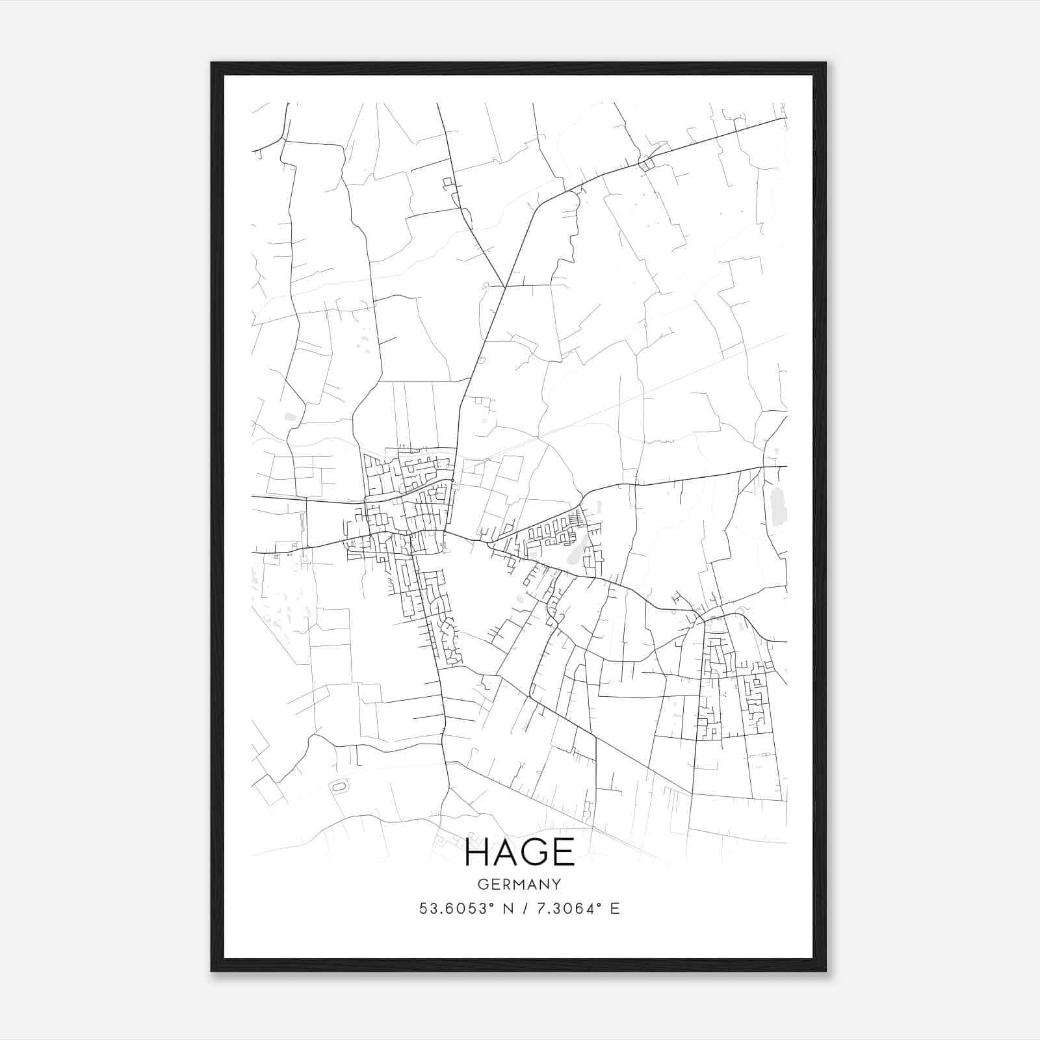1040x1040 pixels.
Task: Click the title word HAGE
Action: click(x=520, y=852)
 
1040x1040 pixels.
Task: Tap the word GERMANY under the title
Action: click(x=519, y=884)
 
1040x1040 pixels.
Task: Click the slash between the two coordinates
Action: click(x=523, y=909)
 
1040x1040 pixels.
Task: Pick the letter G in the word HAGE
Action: click(x=536, y=852)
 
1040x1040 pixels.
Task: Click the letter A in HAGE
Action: click(x=508, y=852)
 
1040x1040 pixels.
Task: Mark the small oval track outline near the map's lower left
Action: click(x=339, y=787)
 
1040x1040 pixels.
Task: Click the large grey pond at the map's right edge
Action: click(x=777, y=508)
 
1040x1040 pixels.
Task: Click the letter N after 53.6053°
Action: click(x=501, y=909)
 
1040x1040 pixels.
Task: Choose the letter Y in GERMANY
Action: click(x=556, y=884)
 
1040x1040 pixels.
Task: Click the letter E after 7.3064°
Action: click(x=615, y=909)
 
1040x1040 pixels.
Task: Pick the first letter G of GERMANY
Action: click(x=482, y=884)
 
